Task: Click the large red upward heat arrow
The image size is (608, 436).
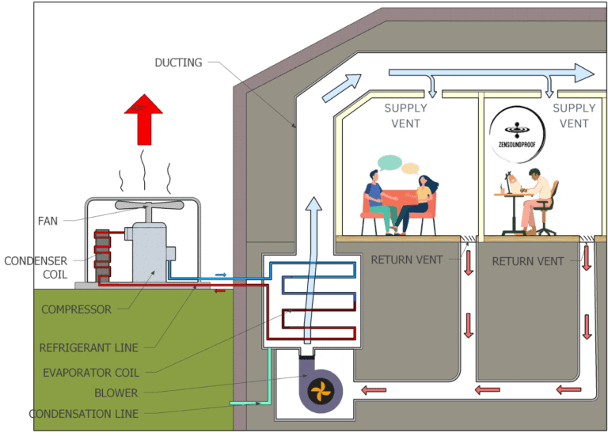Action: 143,119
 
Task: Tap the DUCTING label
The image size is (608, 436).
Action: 179,63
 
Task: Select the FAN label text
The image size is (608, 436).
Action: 47,221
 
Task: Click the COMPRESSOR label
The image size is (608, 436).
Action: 76,309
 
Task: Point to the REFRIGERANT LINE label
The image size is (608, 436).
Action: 89,347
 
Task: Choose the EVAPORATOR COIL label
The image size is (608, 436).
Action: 89,373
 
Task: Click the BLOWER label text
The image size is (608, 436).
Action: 116,392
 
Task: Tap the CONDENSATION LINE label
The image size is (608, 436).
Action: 83,414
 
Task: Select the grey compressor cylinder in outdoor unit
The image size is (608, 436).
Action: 150,252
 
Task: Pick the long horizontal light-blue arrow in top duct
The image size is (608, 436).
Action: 491,74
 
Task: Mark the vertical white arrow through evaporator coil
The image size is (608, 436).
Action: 314,269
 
